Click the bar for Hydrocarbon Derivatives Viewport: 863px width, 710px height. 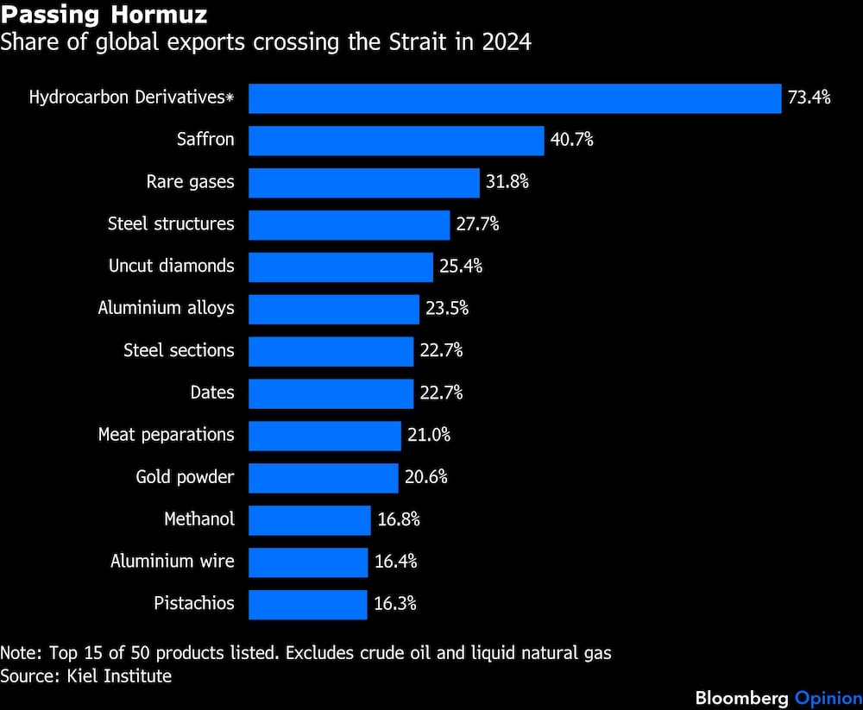tap(514, 97)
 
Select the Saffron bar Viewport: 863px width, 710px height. tap(396, 140)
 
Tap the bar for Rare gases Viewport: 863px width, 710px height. tap(363, 182)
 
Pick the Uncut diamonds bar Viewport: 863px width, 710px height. tap(340, 267)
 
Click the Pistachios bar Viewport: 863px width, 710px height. tap(307, 604)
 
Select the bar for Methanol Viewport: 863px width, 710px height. tap(309, 519)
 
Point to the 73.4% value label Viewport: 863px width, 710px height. tap(809, 97)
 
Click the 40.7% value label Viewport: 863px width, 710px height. tap(571, 140)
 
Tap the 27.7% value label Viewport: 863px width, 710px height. tap(477, 224)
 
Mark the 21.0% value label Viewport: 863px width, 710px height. tap(428, 436)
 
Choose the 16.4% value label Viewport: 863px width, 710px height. tap(395, 562)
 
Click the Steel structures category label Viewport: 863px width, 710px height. tap(171, 224)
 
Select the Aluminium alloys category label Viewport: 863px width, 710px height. tap(166, 308)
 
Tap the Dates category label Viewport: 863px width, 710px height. tap(212, 393)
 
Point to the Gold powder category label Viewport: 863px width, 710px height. tap(185, 477)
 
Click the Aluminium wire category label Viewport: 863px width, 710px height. tap(173, 562)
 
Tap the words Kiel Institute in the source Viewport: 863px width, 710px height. tap(119, 675)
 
